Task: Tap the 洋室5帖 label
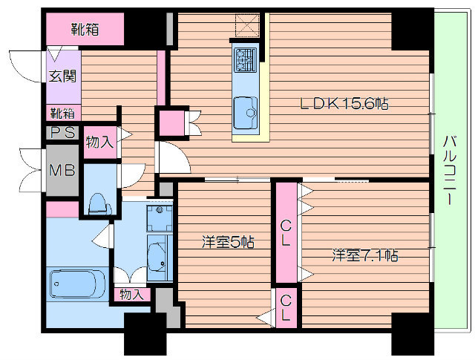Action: pyautogui.click(x=228, y=242)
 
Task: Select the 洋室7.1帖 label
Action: pyautogui.click(x=364, y=255)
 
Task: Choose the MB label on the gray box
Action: pyautogui.click(x=62, y=170)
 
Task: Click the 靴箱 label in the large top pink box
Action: pyautogui.click(x=85, y=30)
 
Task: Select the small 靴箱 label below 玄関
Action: pyautogui.click(x=62, y=114)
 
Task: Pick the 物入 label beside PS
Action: pyautogui.click(x=99, y=141)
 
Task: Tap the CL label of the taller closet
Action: pyautogui.click(x=285, y=233)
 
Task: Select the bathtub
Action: pyautogui.click(x=78, y=284)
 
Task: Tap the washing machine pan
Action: pyautogui.click(x=160, y=218)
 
